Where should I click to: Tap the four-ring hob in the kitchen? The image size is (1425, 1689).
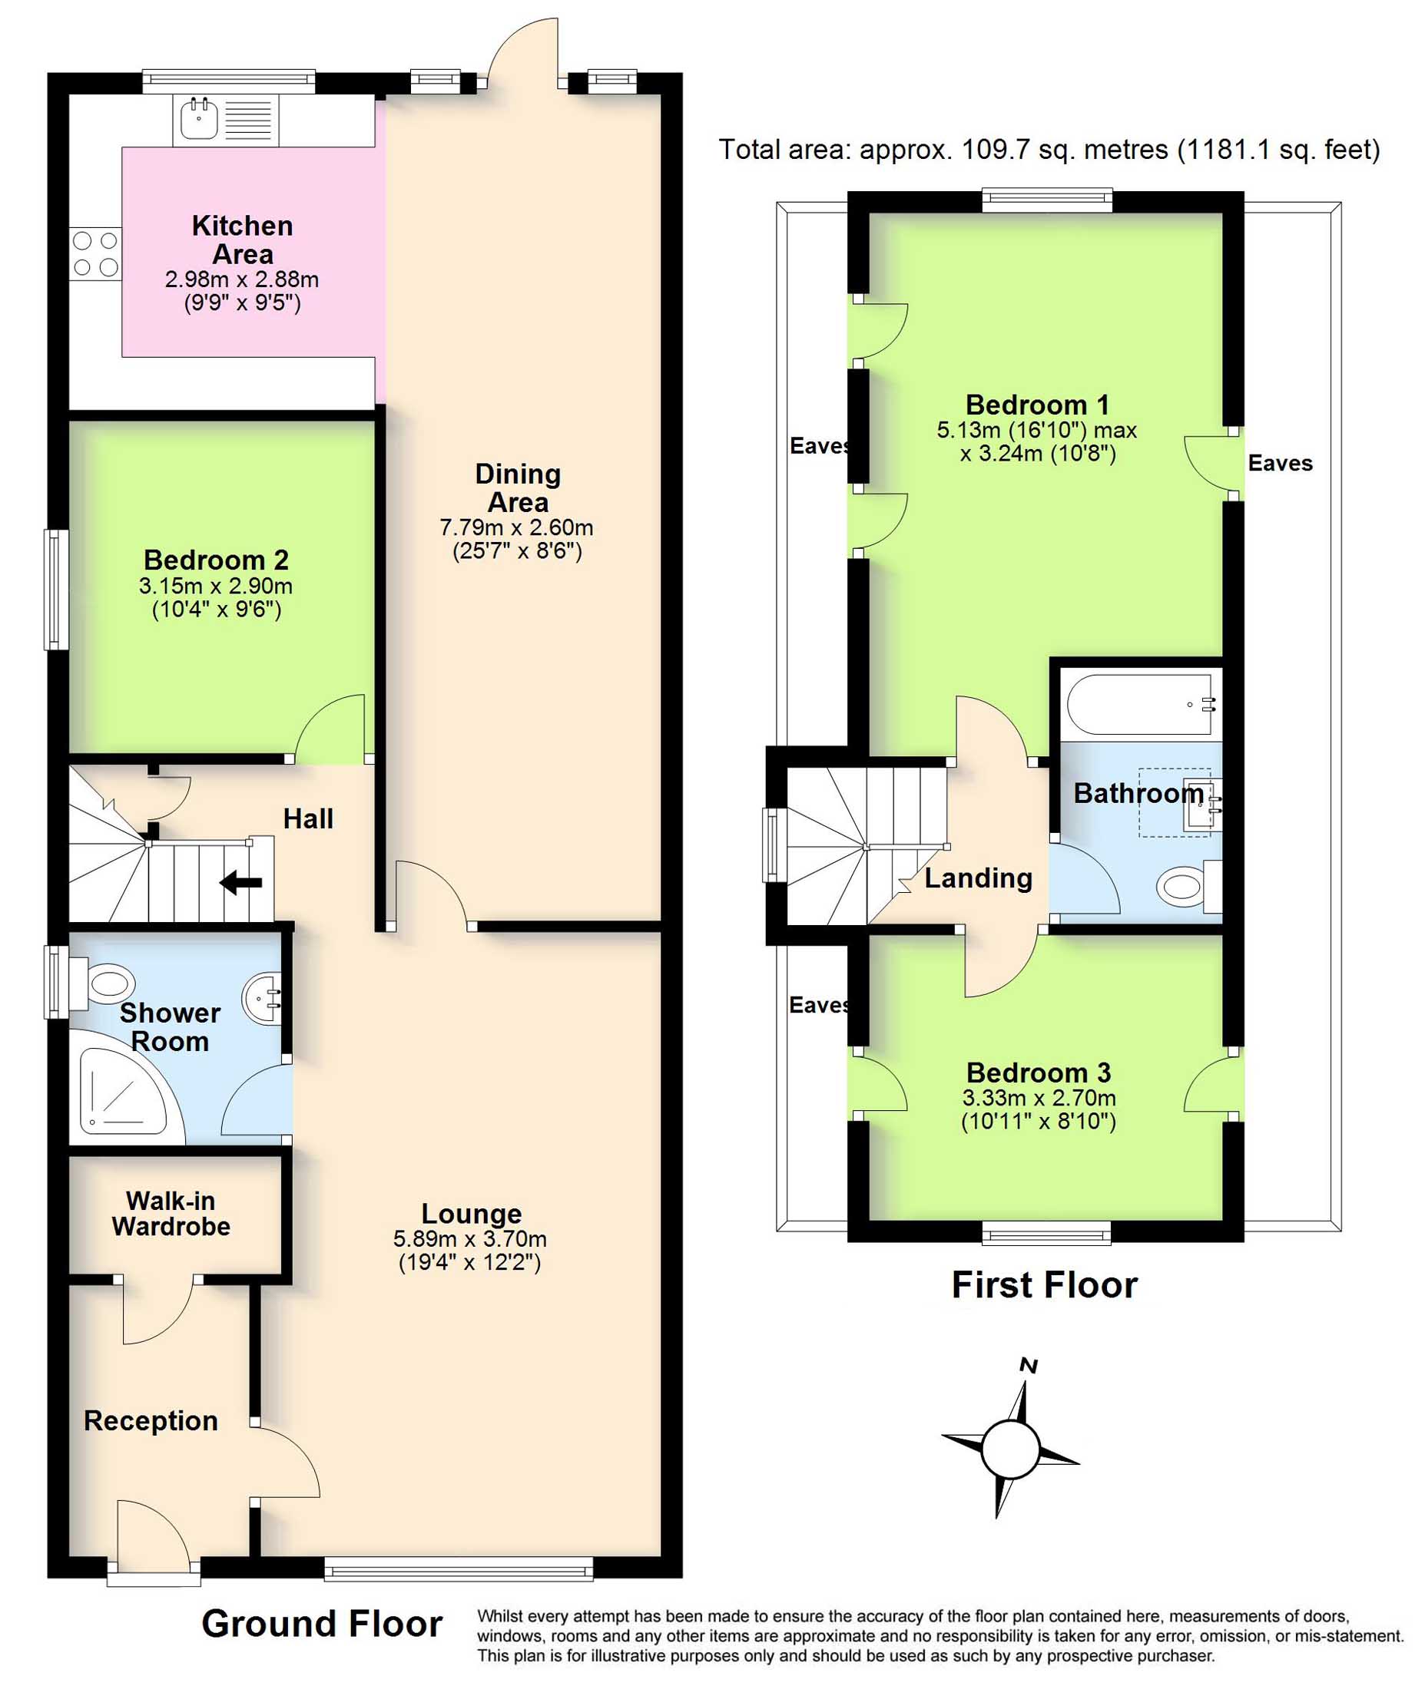coord(95,254)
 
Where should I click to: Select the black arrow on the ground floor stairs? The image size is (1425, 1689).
coord(240,882)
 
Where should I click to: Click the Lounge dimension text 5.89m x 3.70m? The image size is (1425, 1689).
coord(470,1238)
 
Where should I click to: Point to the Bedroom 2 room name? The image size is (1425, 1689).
coord(216,560)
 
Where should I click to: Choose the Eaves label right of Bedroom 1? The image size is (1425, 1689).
coord(1281,463)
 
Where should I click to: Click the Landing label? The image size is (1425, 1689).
coord(978,878)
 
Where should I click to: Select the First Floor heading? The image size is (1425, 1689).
coord(1045,1284)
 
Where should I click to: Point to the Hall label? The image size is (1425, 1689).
coord(308,818)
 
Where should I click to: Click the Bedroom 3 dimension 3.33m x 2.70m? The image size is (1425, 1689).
coord(1039,1098)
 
